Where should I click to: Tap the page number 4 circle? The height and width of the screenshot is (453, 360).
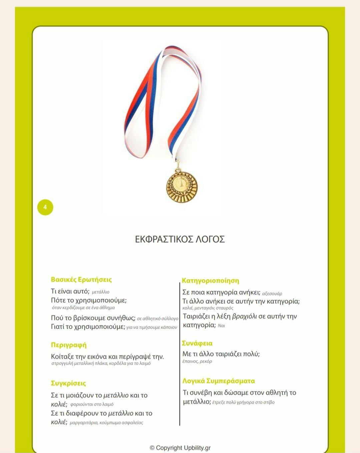point(45,207)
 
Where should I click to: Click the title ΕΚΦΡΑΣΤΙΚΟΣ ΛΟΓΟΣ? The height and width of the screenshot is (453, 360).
point(180,239)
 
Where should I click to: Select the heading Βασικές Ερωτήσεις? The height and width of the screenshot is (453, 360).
point(81,280)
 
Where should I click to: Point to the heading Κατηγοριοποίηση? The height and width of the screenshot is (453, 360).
point(210,281)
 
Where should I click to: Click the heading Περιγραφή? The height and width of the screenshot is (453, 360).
point(69,345)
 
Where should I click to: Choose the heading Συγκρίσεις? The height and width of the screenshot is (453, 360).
point(68,383)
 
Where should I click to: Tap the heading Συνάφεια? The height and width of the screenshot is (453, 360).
point(197,343)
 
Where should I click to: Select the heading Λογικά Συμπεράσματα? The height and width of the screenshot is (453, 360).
point(219,381)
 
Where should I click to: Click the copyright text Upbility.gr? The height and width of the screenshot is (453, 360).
point(180,448)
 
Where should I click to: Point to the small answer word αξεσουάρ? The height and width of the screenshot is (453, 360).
point(272,294)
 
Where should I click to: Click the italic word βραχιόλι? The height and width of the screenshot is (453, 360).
point(244,316)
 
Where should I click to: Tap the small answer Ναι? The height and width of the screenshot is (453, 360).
point(221,326)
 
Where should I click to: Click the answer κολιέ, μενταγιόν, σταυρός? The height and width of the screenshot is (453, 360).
point(208,308)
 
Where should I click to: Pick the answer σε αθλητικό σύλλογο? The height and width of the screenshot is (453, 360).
point(158,319)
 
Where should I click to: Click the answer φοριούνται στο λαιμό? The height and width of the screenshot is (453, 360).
point(92,404)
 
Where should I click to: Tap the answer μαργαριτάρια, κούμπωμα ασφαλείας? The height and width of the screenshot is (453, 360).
point(106,423)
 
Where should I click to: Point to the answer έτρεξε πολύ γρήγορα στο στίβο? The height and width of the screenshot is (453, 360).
point(243,402)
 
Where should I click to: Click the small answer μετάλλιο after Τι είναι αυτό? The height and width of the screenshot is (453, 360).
point(101,292)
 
